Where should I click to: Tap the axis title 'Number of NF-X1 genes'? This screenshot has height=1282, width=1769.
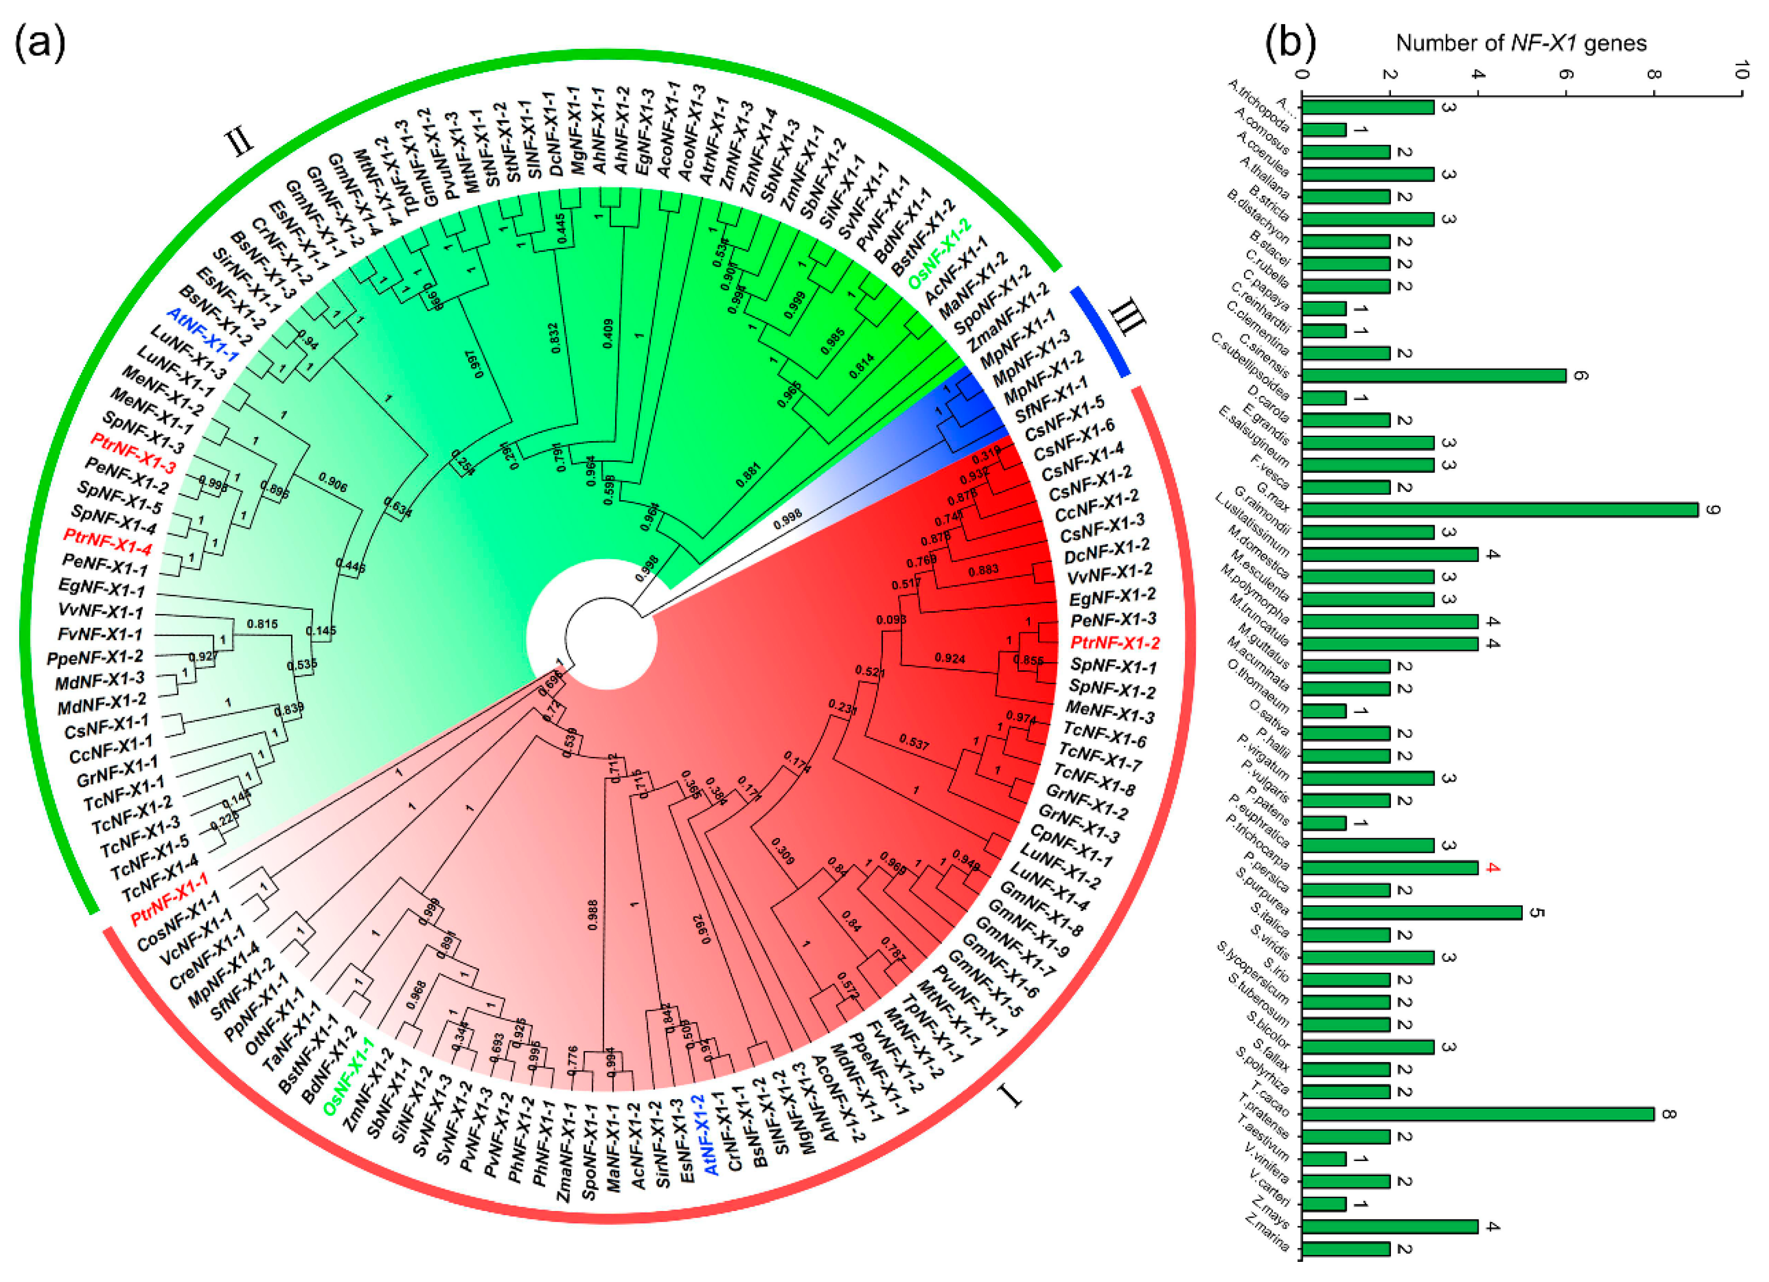1521,43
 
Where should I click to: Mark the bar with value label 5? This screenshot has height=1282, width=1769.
1412,912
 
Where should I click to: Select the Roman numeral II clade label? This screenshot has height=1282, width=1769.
240,143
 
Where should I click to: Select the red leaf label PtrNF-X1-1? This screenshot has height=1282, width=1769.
169,898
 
